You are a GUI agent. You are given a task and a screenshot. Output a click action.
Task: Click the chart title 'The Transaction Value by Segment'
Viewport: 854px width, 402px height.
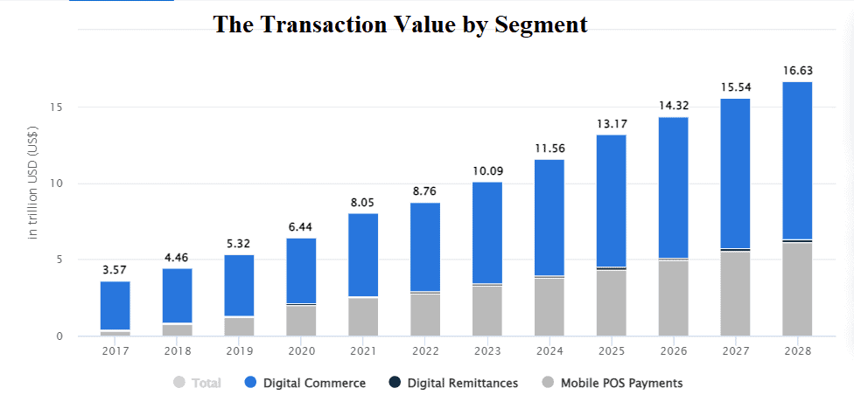click(x=401, y=24)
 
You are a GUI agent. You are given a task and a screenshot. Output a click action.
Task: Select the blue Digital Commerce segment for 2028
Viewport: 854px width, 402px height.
click(x=797, y=160)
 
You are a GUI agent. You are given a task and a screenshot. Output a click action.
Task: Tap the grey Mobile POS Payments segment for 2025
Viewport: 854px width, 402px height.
click(x=611, y=302)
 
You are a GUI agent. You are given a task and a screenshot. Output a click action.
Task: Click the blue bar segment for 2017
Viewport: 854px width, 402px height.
click(x=115, y=305)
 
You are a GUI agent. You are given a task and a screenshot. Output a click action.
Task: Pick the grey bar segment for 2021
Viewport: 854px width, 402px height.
click(x=363, y=316)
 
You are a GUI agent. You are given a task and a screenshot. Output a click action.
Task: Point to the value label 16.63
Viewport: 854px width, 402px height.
click(x=797, y=70)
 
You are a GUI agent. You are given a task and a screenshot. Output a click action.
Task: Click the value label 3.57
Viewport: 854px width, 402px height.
click(x=115, y=269)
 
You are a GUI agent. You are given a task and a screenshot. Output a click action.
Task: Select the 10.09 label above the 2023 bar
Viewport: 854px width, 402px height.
click(x=487, y=170)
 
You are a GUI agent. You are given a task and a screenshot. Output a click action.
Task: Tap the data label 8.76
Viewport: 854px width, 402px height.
click(x=425, y=191)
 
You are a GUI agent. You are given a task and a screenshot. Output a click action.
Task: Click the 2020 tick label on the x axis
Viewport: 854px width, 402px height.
click(x=301, y=351)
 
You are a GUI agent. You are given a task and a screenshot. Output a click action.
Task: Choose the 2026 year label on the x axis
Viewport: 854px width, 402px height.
click(x=673, y=351)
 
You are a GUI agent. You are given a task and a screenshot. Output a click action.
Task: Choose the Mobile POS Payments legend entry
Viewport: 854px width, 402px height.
click(x=612, y=383)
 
